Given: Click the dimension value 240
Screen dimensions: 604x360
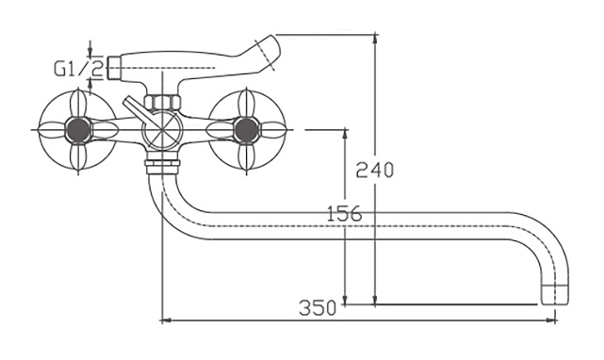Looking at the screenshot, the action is (x=374, y=170).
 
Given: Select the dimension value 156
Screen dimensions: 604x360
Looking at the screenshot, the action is (x=344, y=214).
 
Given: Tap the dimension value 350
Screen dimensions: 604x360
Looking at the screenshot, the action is (x=318, y=307).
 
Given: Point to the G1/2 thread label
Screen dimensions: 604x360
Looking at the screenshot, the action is (x=78, y=69).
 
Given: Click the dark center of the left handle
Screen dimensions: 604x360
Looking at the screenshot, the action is (x=78, y=129).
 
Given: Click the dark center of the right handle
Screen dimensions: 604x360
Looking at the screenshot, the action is (x=246, y=130).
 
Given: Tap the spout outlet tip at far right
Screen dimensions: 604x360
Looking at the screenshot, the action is (x=555, y=294).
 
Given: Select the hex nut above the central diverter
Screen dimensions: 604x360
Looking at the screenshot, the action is (x=162, y=103).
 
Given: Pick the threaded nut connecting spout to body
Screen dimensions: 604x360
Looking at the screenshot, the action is (x=162, y=162).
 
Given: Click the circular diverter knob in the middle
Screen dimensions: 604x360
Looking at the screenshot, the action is (x=162, y=130).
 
